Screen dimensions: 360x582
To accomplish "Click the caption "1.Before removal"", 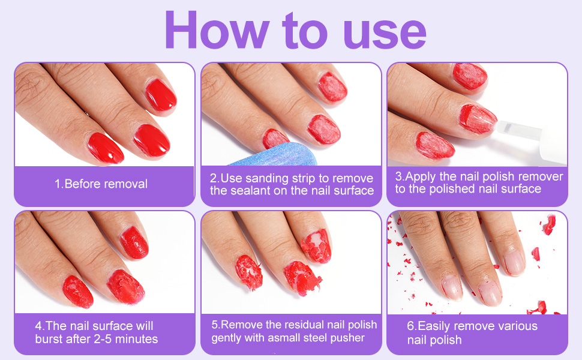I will point(101,184).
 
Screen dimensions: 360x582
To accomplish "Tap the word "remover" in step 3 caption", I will point(540,176).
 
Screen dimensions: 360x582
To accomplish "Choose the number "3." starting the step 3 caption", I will point(401,176).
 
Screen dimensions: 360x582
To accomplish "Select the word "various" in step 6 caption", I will point(515,326).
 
